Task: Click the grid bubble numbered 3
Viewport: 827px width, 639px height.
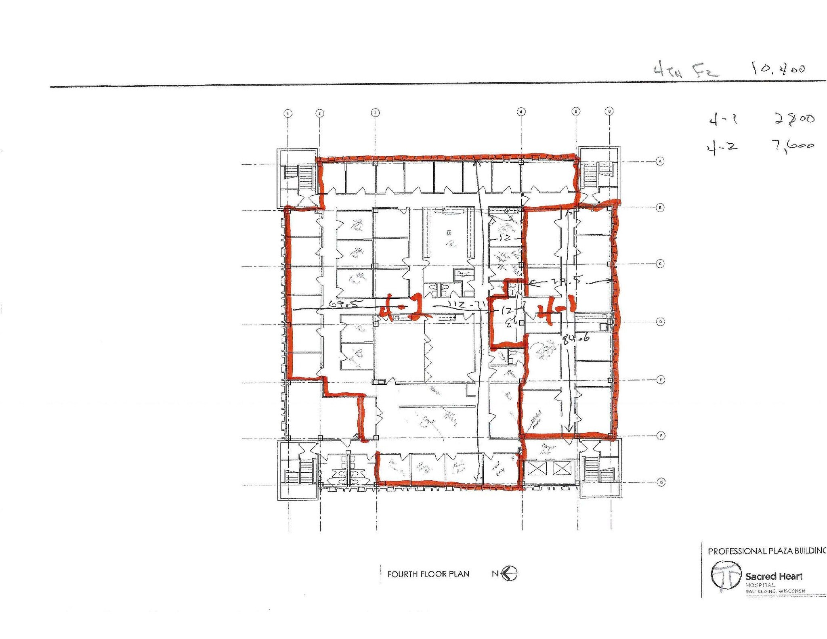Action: (x=376, y=113)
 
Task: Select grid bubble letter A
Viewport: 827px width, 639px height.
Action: (x=660, y=161)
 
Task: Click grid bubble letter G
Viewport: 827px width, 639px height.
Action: (x=661, y=482)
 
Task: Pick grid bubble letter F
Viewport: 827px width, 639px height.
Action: (x=661, y=436)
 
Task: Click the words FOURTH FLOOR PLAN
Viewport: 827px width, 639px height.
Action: (x=428, y=574)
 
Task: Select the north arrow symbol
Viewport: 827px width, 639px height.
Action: (x=510, y=574)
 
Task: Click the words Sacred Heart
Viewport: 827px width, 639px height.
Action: (x=774, y=576)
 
